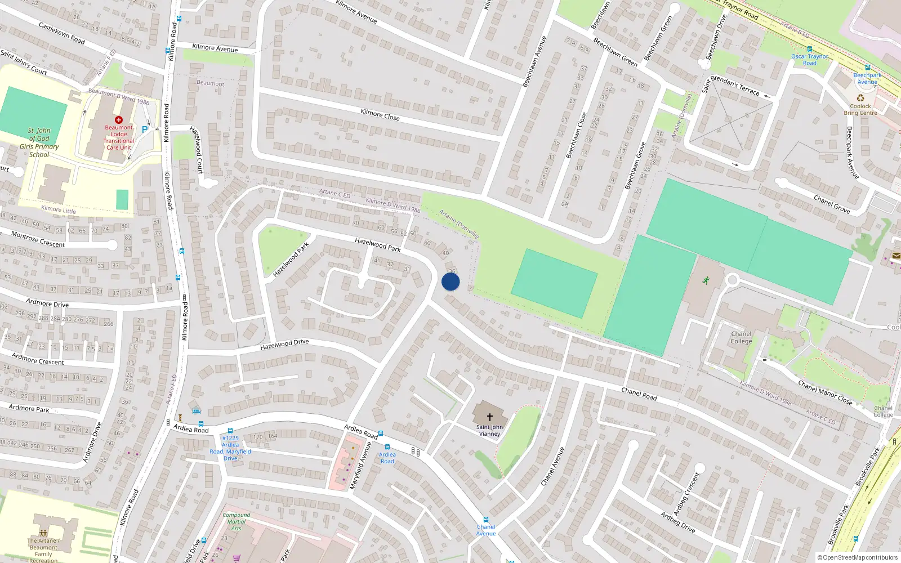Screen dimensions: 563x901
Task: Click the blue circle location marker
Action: pos(450,281)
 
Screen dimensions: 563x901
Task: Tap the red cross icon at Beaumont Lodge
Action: pos(119,120)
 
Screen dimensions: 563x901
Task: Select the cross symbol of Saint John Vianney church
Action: pos(490,417)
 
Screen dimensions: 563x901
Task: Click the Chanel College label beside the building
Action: pos(741,337)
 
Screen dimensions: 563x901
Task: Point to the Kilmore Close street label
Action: pos(380,114)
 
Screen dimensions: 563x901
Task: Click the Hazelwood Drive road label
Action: pos(284,344)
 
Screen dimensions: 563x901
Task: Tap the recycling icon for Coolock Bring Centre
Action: pos(860,98)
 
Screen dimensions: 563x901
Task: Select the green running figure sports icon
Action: pos(706,280)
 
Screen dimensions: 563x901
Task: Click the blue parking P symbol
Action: pos(145,129)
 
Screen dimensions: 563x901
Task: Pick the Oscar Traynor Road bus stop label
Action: pos(810,60)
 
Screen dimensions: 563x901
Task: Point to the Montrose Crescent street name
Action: pos(38,239)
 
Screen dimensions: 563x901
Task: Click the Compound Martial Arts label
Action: pos(237,521)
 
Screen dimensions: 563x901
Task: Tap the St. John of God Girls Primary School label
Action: pos(39,142)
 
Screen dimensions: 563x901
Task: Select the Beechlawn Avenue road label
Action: pos(534,62)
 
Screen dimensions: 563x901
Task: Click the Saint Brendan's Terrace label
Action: pos(730,84)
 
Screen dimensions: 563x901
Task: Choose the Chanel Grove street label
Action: pos(832,204)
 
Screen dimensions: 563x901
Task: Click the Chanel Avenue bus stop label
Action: pos(486,530)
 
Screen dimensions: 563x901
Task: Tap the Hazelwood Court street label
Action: pos(197,150)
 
